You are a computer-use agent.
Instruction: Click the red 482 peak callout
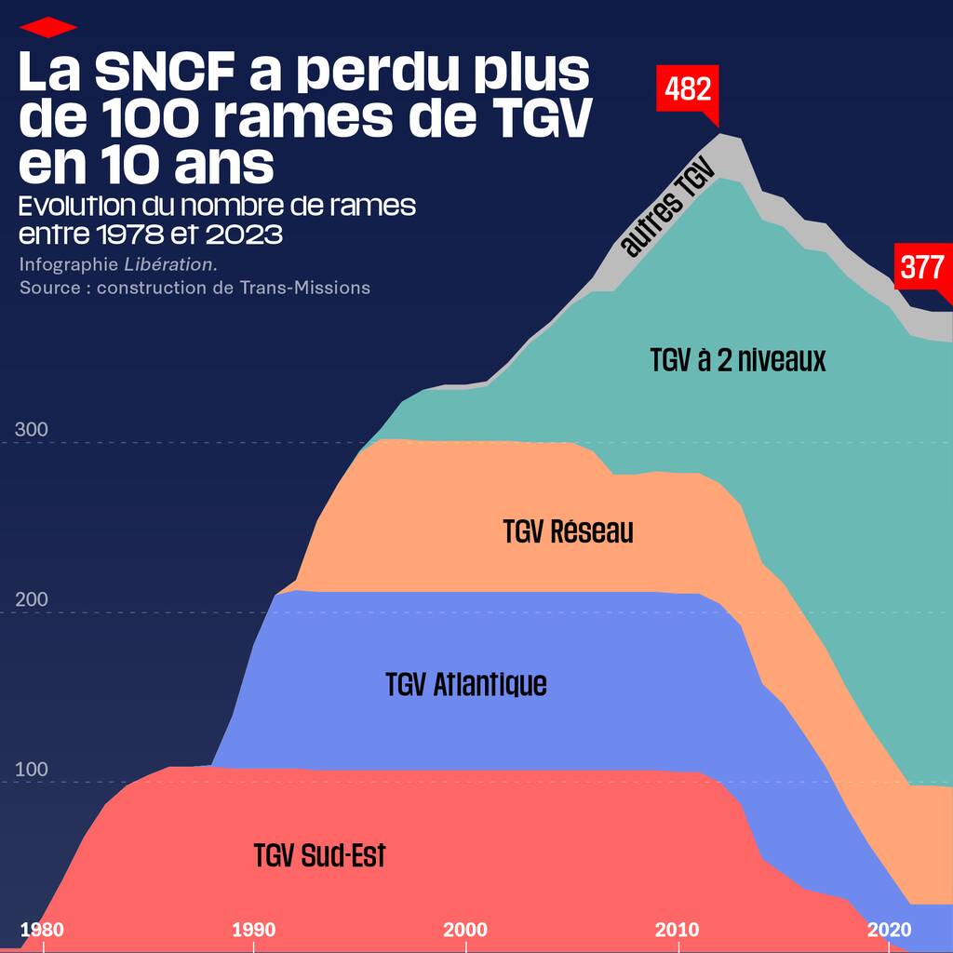pyautogui.click(x=689, y=88)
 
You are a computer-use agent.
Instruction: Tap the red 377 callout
pyautogui.click(x=922, y=268)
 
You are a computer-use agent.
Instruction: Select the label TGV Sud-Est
pyautogui.click(x=319, y=854)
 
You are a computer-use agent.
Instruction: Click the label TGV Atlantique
pyautogui.click(x=466, y=684)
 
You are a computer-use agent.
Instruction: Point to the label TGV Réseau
pyautogui.click(x=568, y=531)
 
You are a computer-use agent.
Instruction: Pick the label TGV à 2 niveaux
pyautogui.click(x=738, y=360)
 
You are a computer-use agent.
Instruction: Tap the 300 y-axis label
pyautogui.click(x=32, y=430)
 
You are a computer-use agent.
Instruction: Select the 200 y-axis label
pyautogui.click(x=32, y=599)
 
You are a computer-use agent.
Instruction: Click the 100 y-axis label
pyautogui.click(x=32, y=770)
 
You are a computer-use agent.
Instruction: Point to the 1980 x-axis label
pyautogui.click(x=42, y=930)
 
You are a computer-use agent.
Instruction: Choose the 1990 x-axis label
pyautogui.click(x=253, y=930)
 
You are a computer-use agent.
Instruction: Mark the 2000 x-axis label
pyautogui.click(x=465, y=930)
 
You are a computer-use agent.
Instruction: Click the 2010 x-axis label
pyautogui.click(x=677, y=930)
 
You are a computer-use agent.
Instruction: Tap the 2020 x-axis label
pyautogui.click(x=889, y=930)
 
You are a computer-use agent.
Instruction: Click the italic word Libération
pyautogui.click(x=169, y=264)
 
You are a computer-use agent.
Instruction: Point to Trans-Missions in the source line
pyautogui.click(x=304, y=288)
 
